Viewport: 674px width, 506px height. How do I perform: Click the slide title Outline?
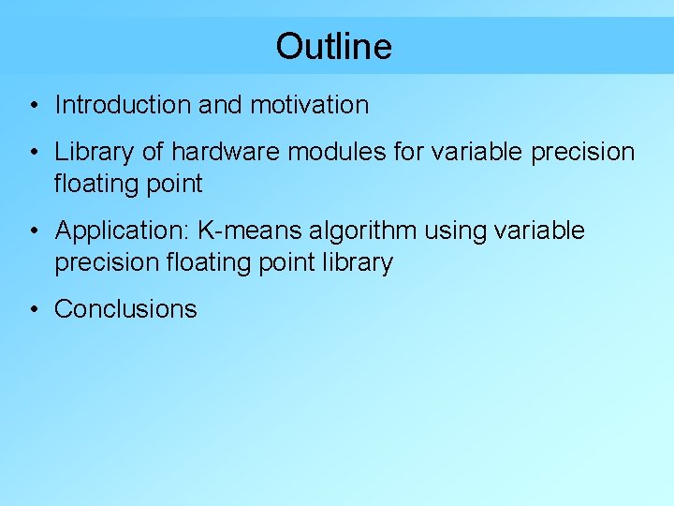(x=334, y=46)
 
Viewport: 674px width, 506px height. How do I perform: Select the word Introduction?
(x=123, y=105)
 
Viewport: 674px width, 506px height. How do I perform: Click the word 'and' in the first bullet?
(x=220, y=105)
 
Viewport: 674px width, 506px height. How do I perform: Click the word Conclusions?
(x=126, y=309)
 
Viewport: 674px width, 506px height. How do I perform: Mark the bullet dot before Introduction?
(x=33, y=106)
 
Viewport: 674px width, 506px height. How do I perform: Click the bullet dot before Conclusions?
(x=33, y=310)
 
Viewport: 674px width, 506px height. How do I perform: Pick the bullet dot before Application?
(x=33, y=231)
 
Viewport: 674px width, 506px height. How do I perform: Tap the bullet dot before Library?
(x=33, y=153)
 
